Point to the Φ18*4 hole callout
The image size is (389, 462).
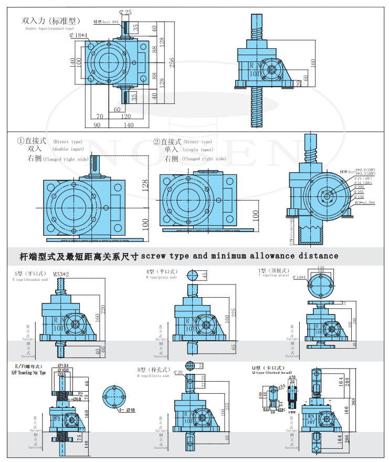point(79,35)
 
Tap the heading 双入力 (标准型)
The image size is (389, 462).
point(50,21)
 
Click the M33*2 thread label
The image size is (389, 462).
point(63,274)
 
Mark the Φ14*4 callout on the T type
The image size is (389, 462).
point(299,277)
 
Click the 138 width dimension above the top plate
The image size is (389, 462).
point(321,268)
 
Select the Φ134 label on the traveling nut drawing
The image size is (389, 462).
point(62,365)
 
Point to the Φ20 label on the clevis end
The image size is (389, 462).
point(177,372)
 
